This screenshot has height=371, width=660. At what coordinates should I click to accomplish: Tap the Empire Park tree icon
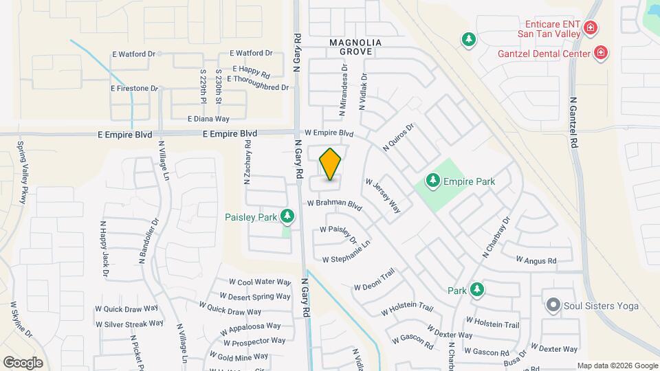coord(432,181)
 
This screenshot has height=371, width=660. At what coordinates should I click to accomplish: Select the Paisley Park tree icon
coord(287,217)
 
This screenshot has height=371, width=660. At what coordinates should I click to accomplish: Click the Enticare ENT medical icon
coord(589,28)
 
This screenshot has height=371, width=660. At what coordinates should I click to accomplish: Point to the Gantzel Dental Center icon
coord(600,53)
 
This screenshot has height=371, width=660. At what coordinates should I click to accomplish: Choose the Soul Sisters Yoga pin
coord(552,306)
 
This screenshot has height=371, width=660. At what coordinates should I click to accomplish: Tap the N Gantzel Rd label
coord(573,122)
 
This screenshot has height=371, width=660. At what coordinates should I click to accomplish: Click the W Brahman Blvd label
coord(334,204)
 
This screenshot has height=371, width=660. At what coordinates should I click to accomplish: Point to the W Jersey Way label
coord(383,196)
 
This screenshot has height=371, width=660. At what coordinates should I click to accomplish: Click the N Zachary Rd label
coord(247,161)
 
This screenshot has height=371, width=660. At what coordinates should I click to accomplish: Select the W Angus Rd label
coord(536,260)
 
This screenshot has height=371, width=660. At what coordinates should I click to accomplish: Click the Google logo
coord(23,363)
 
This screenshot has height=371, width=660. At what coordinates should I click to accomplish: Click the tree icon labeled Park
coord(476,291)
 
